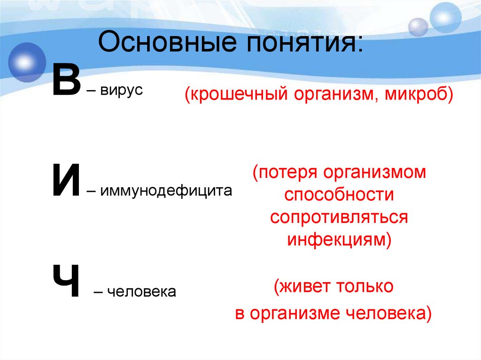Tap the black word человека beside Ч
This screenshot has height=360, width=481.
pos(141,292)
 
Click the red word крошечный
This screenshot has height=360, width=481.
pos(237,94)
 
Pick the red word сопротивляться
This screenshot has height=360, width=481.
pos(338,218)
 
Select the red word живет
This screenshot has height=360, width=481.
pos(301,287)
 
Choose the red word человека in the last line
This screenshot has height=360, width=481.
pos(388,313)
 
